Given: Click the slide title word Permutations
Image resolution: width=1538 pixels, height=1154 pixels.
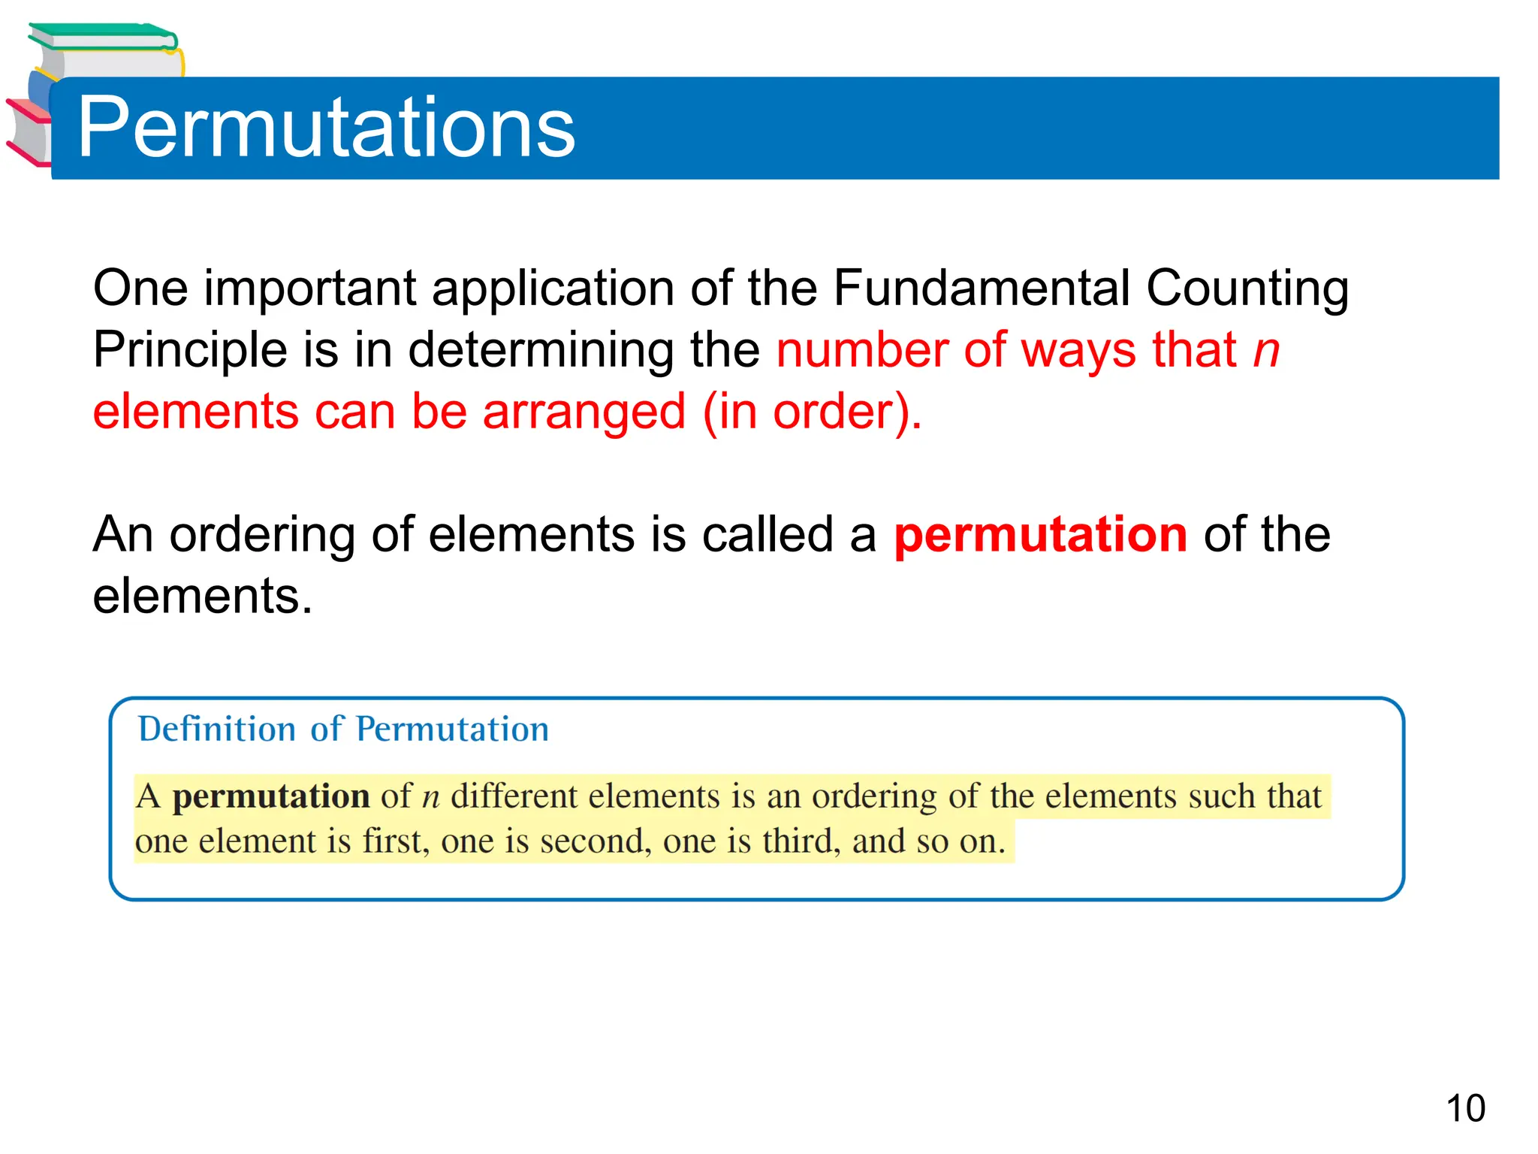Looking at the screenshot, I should coord(326,128).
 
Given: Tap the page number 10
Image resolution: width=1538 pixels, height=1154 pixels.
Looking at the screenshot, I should coord(1465,1108).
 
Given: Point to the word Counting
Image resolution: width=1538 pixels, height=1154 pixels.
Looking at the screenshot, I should coord(1247,289).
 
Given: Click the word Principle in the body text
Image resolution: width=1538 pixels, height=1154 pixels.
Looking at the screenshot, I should coord(190,351).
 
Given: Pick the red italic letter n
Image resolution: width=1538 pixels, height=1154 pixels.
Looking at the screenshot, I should coord(1266,351).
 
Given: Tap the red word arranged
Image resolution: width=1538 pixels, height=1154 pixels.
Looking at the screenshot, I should coord(584,412).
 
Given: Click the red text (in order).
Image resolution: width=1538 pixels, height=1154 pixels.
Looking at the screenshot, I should coord(812,412).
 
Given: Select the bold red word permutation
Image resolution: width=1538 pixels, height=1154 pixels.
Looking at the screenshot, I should coord(1041,534).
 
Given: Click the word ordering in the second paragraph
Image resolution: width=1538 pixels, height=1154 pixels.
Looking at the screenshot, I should coord(262,536).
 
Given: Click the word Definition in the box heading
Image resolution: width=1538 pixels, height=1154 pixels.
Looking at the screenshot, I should coord(217,729).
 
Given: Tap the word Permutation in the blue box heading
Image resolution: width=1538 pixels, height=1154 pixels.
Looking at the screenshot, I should coord(452,729).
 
